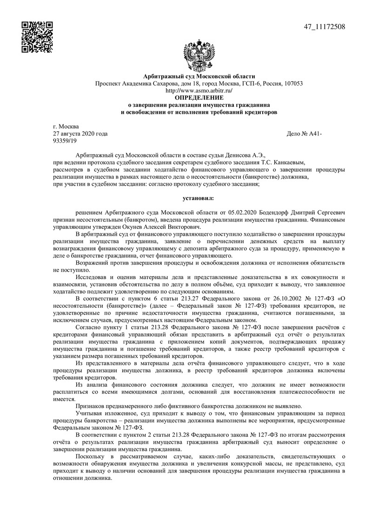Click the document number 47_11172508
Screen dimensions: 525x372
click(324, 26)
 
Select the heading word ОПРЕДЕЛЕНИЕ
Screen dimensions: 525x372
click(199, 97)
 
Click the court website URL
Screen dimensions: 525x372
click(199, 91)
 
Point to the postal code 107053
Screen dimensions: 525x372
click(293, 84)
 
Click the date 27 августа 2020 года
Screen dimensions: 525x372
click(80, 134)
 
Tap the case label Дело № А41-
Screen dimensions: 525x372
click(305, 134)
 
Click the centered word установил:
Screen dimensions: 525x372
click(199, 198)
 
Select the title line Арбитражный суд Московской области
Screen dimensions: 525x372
click(199, 77)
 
